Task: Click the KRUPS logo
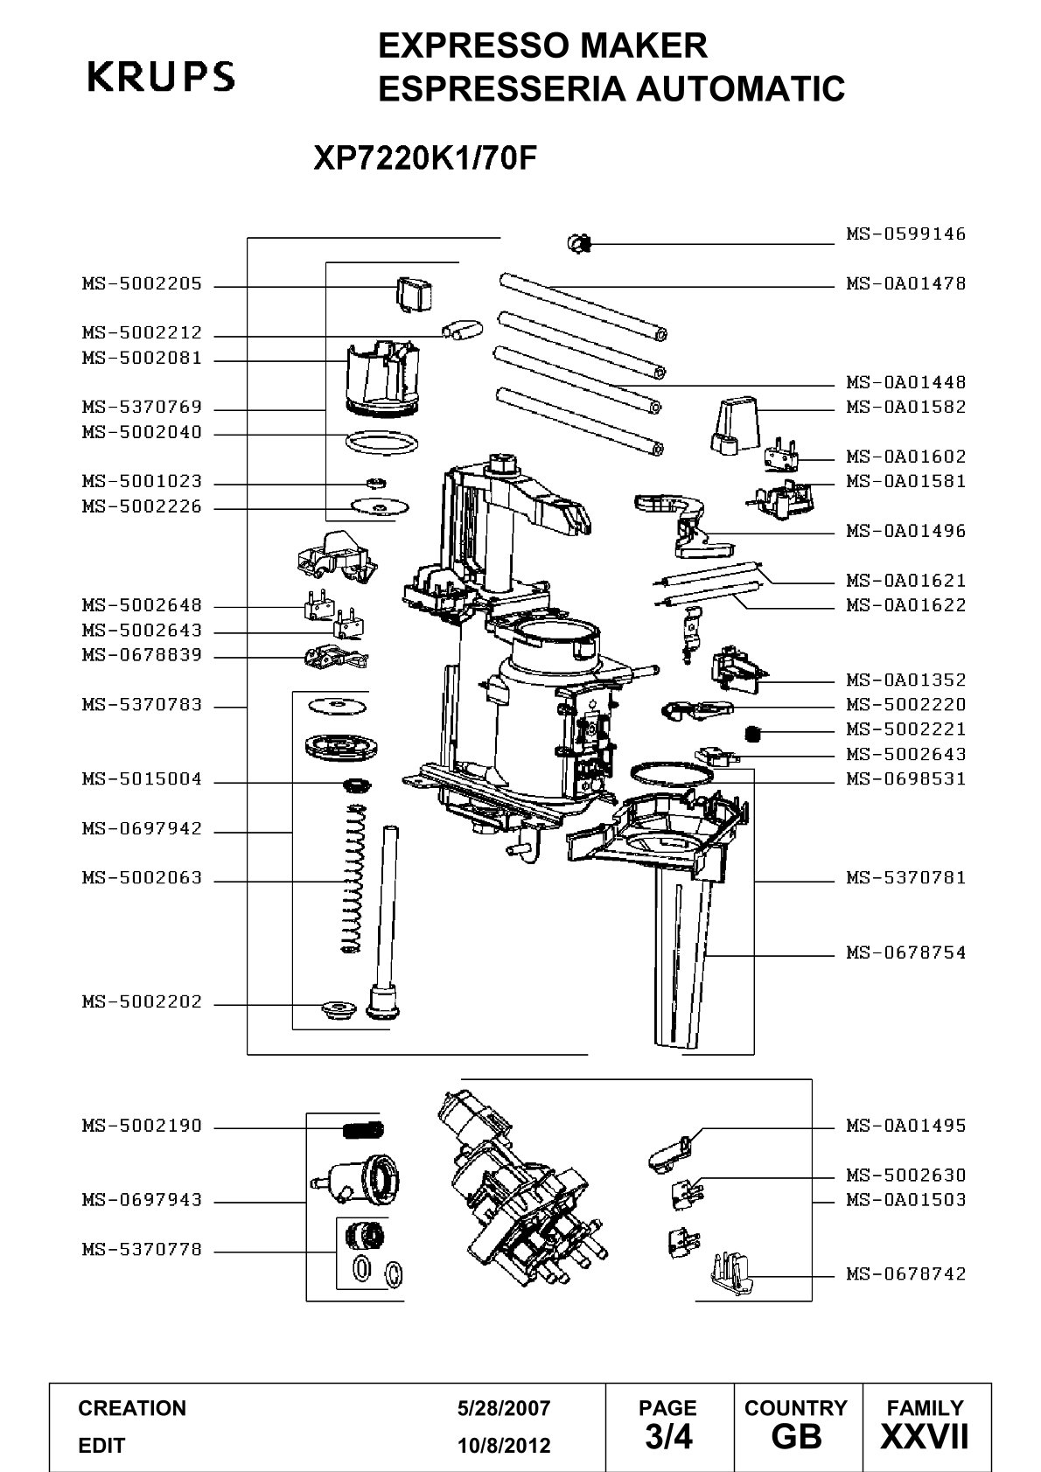point(161,76)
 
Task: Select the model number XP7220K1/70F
point(425,157)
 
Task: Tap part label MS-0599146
point(905,234)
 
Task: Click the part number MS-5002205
point(142,284)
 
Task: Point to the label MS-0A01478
point(905,284)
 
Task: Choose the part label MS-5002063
point(142,878)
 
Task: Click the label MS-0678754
point(905,952)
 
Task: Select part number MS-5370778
point(142,1249)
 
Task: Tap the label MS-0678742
point(905,1274)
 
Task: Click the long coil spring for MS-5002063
point(353,877)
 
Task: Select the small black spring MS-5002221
point(754,732)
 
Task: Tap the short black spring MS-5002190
point(363,1130)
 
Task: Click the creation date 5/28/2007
point(504,1408)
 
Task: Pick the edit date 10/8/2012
point(504,1446)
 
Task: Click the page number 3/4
point(668,1436)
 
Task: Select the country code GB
point(797,1436)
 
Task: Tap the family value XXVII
point(925,1436)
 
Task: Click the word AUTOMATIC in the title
point(741,88)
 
